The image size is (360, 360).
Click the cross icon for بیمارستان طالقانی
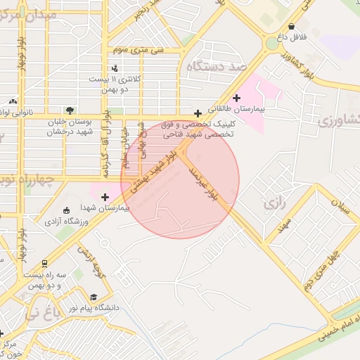236,98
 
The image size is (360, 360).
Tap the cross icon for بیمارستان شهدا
105,197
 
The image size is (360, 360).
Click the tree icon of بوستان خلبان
69,110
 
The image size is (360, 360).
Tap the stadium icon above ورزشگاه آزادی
67,210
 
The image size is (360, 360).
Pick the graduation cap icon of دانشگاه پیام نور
94,298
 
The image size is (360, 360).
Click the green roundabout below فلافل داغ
272,44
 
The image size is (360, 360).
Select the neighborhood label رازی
274,204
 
